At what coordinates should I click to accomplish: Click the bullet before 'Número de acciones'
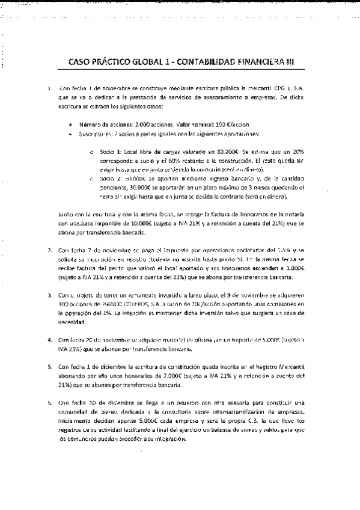point(72,124)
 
